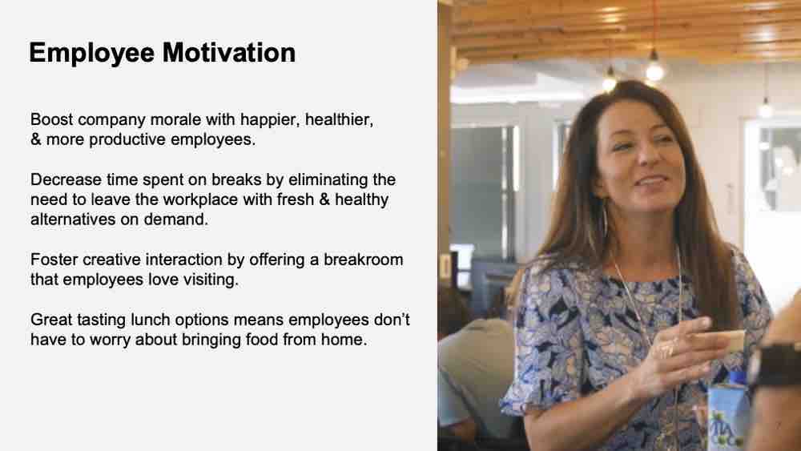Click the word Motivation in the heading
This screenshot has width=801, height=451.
click(229, 53)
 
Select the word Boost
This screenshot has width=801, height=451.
click(51, 119)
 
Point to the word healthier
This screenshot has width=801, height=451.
click(339, 120)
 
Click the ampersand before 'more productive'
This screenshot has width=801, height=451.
click(36, 139)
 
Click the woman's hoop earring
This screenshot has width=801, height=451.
click(604, 219)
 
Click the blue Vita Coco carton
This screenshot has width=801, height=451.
click(728, 413)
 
